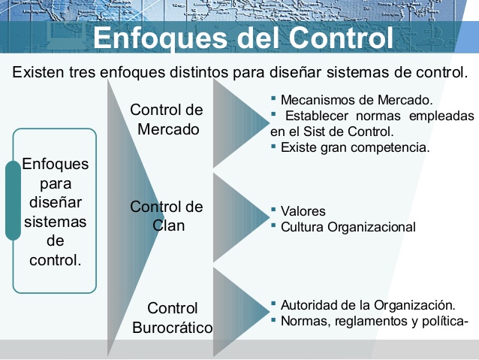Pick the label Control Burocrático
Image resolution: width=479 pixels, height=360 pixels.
pyautogui.click(x=172, y=318)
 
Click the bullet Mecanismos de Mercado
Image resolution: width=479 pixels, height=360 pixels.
pyautogui.click(x=357, y=99)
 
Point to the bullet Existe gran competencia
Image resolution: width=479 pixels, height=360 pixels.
pyautogui.click(x=354, y=147)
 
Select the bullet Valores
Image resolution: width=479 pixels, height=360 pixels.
pyautogui.click(x=303, y=211)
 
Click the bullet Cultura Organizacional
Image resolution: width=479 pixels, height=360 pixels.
pyautogui.click(x=348, y=227)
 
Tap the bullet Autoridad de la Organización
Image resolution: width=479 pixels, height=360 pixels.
pyautogui.click(x=367, y=305)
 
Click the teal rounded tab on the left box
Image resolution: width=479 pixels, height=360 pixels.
pyautogui.click(x=13, y=200)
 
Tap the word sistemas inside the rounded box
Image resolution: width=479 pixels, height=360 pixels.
pyautogui.click(x=55, y=222)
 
